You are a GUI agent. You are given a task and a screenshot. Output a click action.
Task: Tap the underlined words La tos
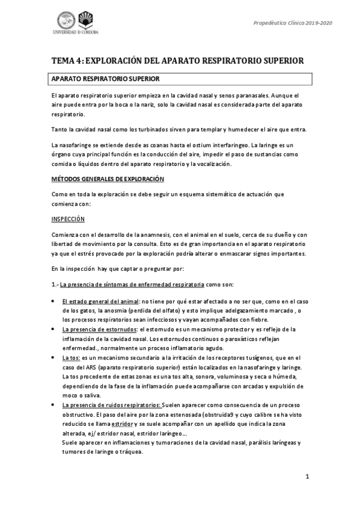click(x=71, y=358)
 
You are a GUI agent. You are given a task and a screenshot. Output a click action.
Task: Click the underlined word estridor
click(x=153, y=425)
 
